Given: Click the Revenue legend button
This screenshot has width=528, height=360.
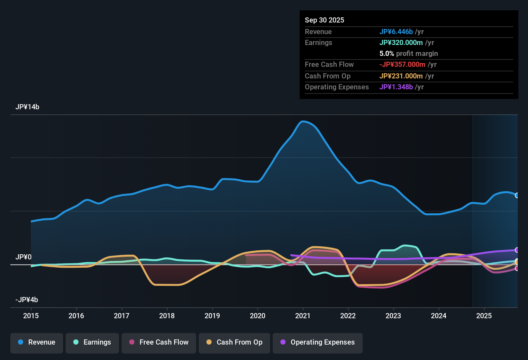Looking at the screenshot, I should pos(37,342).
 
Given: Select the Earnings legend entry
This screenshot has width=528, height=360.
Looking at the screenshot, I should pos(92,342).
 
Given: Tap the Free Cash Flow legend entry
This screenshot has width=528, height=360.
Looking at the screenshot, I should pos(159,342).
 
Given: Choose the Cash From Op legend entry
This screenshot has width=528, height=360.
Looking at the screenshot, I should pos(234,342).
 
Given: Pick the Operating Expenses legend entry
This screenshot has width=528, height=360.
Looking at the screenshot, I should pos(318,342).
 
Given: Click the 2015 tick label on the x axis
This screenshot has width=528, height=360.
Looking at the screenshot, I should pos(31,316).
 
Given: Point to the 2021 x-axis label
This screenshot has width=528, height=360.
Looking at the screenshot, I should pos(303,316).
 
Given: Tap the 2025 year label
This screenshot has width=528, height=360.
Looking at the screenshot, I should pos(484,316).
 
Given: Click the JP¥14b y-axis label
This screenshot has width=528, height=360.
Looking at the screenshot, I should pos(27,107).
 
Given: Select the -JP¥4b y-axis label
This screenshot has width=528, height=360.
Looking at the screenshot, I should pos(27,300).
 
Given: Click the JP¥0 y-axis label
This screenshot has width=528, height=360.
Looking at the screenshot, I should pos(23,257).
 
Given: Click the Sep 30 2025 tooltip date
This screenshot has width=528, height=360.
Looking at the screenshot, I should pos(324,20).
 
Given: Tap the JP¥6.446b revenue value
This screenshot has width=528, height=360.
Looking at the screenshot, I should pos(396,32).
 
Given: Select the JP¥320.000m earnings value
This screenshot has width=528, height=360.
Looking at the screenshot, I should pos(401,43).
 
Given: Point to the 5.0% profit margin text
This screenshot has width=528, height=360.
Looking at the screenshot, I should pos(408,54).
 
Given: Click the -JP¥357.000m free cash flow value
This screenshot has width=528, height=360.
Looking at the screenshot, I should pos(402,65).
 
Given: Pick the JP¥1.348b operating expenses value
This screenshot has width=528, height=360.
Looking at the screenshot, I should pos(396,87).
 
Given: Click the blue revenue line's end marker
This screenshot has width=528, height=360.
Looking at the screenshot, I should pos(517,195).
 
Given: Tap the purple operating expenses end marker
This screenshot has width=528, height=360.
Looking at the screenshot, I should pos(517,250).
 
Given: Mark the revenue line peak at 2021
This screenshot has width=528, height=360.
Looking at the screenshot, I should pos(302,122).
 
